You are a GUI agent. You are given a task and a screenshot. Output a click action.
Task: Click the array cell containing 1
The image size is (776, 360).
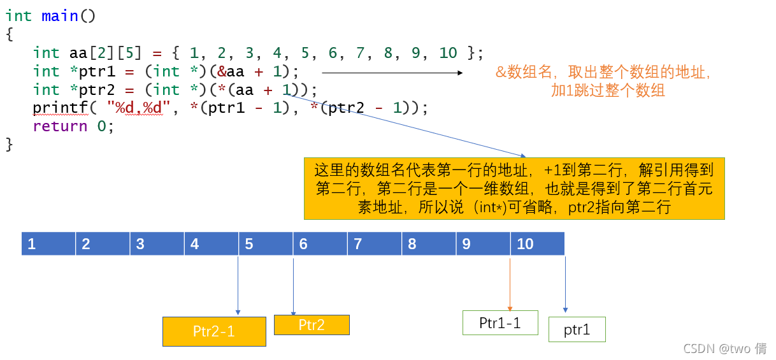tap(48, 244)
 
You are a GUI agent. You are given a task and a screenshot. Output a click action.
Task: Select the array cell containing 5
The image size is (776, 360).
tap(266, 244)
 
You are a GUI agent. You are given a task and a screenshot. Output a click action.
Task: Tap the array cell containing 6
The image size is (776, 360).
tap(320, 244)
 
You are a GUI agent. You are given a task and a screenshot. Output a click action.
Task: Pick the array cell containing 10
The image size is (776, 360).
tap(537, 244)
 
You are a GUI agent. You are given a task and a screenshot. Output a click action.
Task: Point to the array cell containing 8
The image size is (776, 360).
tap(429, 244)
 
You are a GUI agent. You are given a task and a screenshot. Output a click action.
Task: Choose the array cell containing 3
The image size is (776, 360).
tap(157, 244)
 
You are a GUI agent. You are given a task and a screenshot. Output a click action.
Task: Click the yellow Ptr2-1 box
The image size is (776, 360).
tap(214, 331)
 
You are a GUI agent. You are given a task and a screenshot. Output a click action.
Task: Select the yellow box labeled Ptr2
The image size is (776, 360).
tap(312, 325)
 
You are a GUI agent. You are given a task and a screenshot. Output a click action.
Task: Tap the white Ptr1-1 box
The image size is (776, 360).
tap(500, 322)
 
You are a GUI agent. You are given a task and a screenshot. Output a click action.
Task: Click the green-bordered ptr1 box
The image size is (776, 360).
tap(577, 329)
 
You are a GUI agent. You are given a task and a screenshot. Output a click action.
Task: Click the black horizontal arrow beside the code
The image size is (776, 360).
tap(392, 73)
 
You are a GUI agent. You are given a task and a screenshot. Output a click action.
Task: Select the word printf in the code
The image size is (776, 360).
tap(60, 108)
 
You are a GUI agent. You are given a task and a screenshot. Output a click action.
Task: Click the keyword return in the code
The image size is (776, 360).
tap(60, 126)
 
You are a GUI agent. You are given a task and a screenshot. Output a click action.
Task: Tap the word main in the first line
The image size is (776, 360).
tap(60, 16)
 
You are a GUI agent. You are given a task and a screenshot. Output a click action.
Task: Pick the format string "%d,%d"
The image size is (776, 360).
tap(140, 108)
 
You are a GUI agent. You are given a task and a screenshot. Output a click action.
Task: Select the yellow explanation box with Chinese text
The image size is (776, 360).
tap(514, 189)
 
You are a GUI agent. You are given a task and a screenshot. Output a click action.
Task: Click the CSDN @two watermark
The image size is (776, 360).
tap(724, 348)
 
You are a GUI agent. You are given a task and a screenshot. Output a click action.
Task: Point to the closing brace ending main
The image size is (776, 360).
tap(9, 145)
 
